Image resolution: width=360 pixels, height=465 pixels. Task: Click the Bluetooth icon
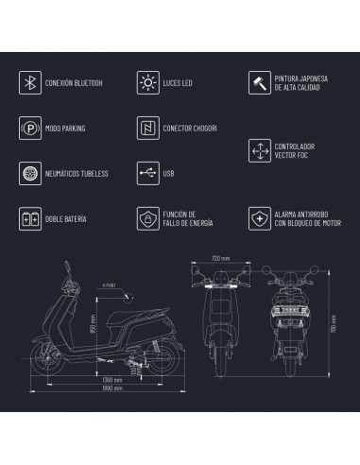28,82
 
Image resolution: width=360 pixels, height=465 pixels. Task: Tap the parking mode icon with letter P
28,127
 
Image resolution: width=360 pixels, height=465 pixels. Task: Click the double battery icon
28,219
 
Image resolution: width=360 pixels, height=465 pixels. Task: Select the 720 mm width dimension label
220,256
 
